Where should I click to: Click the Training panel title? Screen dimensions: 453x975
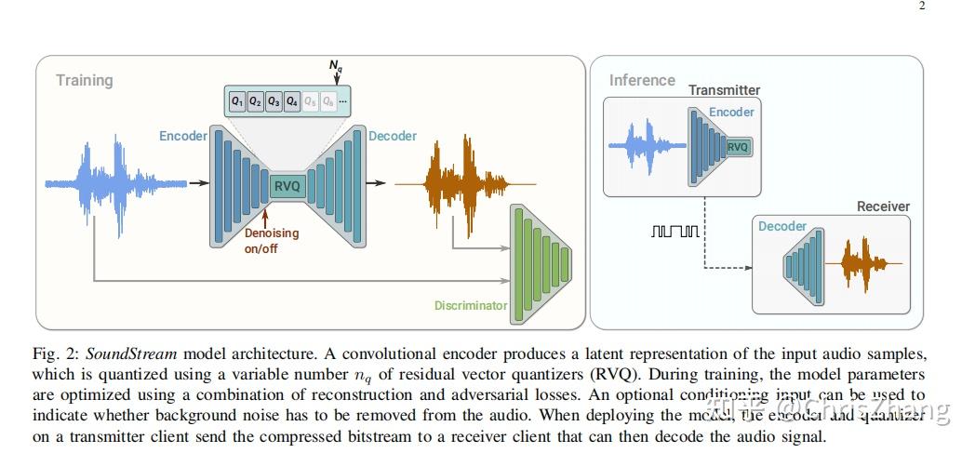pos(84,80)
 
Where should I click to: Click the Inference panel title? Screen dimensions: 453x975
pos(642,80)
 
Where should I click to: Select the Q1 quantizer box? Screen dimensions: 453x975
pos(238,100)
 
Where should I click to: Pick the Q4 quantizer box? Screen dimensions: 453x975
pos(292,100)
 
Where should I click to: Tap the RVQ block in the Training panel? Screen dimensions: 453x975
pos(287,186)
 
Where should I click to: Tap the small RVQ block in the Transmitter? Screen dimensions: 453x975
pos(738,147)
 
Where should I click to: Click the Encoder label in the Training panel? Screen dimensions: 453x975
pos(183,136)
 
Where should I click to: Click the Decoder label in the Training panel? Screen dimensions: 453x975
pos(393,136)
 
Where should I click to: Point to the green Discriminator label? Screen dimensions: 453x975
pos(471,305)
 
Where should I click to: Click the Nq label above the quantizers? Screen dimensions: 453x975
pos(336,65)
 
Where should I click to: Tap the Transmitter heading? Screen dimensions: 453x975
pos(724,90)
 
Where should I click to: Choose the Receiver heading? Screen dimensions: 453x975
pos(883,206)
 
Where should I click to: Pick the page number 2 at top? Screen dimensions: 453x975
pos(922,6)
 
